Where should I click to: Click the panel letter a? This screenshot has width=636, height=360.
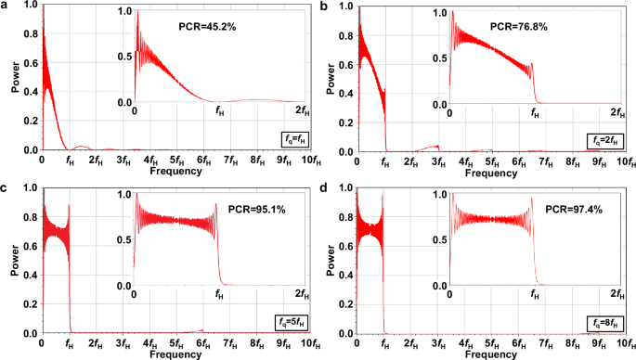(6, 6)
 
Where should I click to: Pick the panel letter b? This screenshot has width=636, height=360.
(323, 6)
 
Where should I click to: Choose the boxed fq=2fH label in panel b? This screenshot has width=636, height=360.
(608, 140)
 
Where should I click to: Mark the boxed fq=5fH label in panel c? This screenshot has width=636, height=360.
(294, 322)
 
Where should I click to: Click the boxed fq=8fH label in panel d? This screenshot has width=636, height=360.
(608, 322)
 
